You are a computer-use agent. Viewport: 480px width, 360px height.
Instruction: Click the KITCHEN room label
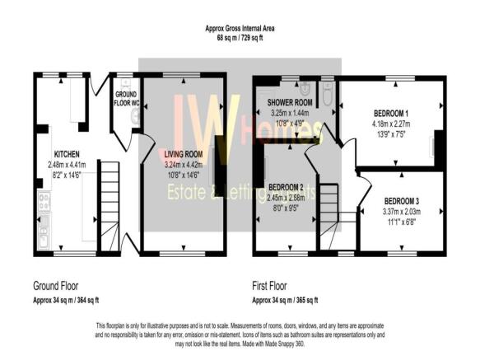pos(66,154)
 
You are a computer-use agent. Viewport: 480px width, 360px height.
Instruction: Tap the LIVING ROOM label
pos(184,154)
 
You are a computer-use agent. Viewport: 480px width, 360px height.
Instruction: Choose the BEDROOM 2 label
pos(286,187)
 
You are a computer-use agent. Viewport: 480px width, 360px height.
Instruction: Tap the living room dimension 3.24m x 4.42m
pos(184,163)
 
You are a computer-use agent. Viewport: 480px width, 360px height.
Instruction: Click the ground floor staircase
pos(109,198)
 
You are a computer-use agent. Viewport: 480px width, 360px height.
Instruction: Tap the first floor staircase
pos(329,210)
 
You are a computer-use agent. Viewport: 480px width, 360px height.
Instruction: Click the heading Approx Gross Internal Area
pos(240,29)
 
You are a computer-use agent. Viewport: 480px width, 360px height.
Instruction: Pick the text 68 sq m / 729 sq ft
pos(240,38)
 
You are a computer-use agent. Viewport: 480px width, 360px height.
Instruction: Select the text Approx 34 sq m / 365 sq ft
pos(285,300)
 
